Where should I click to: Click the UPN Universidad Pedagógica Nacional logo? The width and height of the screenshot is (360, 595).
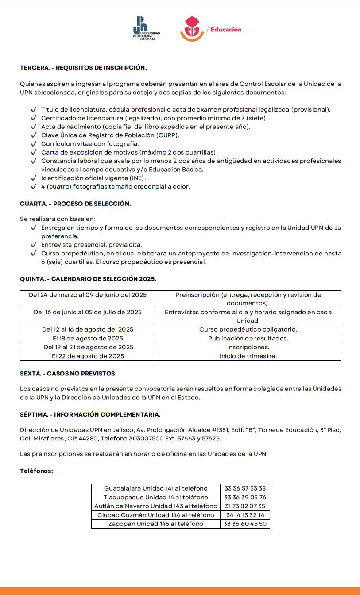tap(146, 29)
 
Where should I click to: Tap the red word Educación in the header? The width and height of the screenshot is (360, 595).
tap(226, 30)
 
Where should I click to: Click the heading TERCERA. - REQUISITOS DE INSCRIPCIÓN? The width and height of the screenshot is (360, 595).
tap(83, 68)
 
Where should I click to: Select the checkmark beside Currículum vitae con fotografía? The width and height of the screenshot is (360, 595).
tap(34, 144)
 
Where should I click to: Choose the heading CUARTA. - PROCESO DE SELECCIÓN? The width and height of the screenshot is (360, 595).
tap(75, 204)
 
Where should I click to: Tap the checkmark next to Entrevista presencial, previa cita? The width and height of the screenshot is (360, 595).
tap(34, 245)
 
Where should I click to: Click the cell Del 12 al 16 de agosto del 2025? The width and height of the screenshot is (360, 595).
tap(88, 330)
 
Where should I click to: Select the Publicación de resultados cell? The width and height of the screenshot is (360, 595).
tap(248, 339)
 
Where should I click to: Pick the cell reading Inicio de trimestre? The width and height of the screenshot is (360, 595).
tap(248, 356)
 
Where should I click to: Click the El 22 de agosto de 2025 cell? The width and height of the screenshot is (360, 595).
tap(88, 356)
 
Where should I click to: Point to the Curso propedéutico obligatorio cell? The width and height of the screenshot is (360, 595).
tap(248, 330)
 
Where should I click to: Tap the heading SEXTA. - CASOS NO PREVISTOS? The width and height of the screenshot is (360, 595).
tap(68, 374)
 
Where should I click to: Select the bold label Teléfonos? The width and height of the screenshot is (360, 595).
tap(36, 471)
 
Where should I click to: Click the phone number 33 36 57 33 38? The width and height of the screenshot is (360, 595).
tap(245, 489)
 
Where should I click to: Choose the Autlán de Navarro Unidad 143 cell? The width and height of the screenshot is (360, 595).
tap(156, 506)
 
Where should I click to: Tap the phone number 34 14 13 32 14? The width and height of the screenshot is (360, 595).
tap(245, 515)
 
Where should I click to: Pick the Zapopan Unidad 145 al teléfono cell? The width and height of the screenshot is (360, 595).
tap(156, 524)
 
